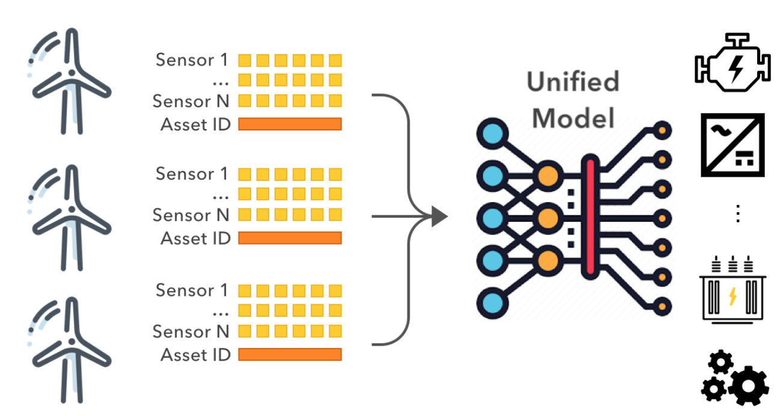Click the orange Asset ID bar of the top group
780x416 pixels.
(x=290, y=124)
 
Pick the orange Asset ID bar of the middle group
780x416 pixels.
(x=290, y=237)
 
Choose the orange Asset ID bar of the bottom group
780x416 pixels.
(x=290, y=354)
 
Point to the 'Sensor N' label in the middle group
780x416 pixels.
(x=191, y=215)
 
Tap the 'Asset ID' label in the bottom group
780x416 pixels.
(x=196, y=355)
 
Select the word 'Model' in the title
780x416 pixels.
(x=573, y=118)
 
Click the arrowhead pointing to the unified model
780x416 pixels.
(x=440, y=217)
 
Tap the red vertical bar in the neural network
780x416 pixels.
(x=590, y=217)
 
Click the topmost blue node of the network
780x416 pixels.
(x=492, y=133)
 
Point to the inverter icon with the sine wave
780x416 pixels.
(x=733, y=145)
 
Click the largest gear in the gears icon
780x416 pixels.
(x=748, y=384)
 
